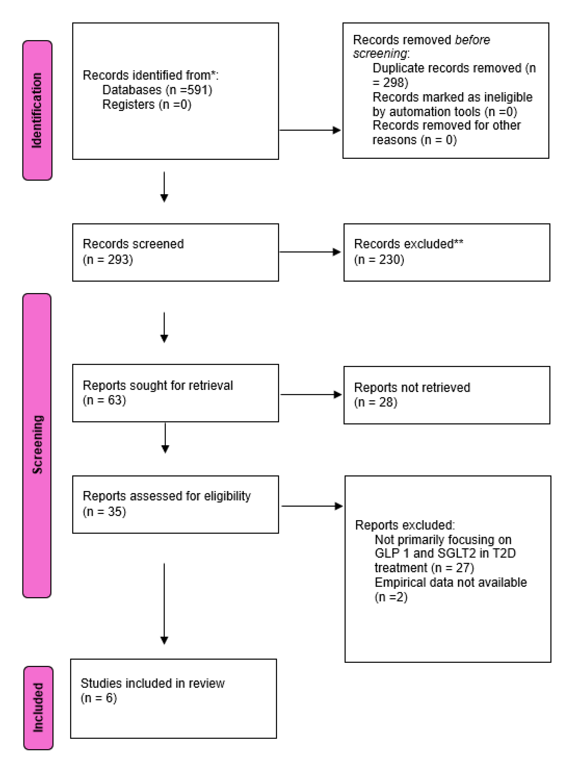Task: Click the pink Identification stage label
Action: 37,110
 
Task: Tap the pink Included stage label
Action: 38,708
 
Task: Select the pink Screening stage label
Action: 37,445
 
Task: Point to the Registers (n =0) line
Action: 147,104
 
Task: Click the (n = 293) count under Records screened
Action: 108,259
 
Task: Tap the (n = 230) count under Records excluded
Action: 379,259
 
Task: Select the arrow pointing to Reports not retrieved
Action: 311,394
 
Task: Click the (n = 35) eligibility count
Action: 104,512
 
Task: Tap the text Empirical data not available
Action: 450,582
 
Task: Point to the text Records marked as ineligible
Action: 452,97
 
